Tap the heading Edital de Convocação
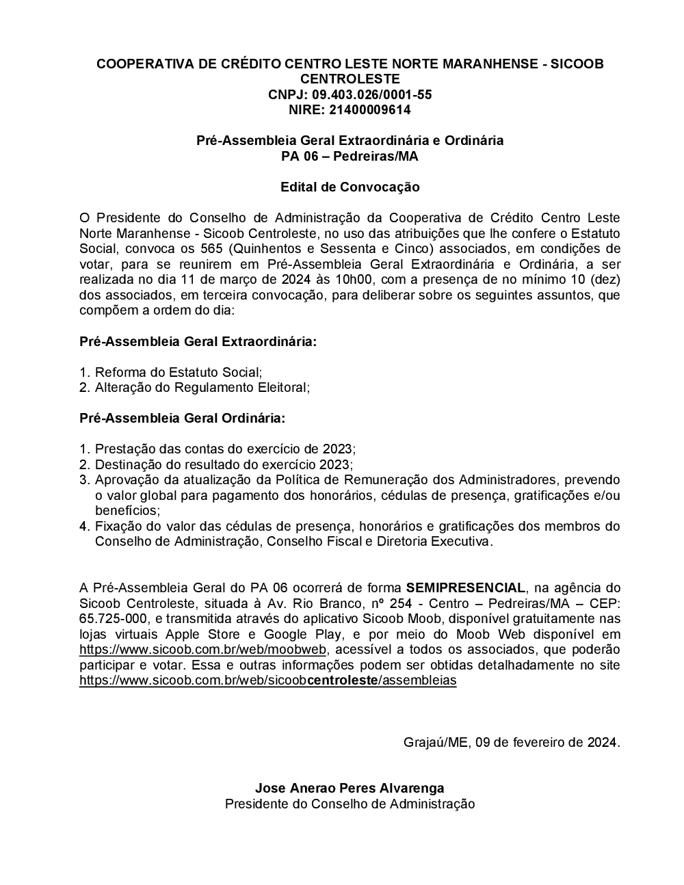coord(350,187)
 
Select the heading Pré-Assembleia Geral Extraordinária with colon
coord(198,341)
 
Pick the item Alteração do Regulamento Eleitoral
coord(202,388)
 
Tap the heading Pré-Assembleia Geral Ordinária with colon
coord(183,418)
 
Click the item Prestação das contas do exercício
coord(225,449)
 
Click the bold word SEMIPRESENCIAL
coord(466,587)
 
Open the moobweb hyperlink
coord(203,649)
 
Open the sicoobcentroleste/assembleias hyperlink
coord(267,681)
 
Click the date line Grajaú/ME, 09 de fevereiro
coord(512,742)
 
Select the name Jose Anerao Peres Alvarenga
coord(350,788)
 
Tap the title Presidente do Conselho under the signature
coord(350,804)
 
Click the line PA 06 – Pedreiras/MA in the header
coord(350,156)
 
